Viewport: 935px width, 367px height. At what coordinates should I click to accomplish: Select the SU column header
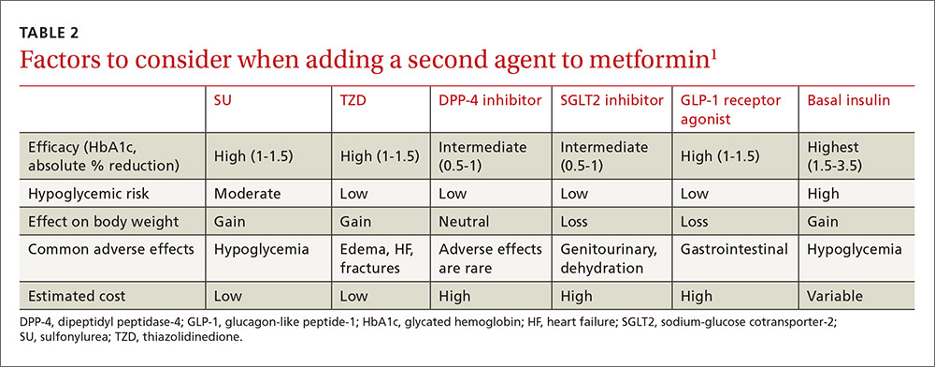coord(223,99)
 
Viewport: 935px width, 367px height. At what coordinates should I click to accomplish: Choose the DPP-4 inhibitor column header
coord(489,99)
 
